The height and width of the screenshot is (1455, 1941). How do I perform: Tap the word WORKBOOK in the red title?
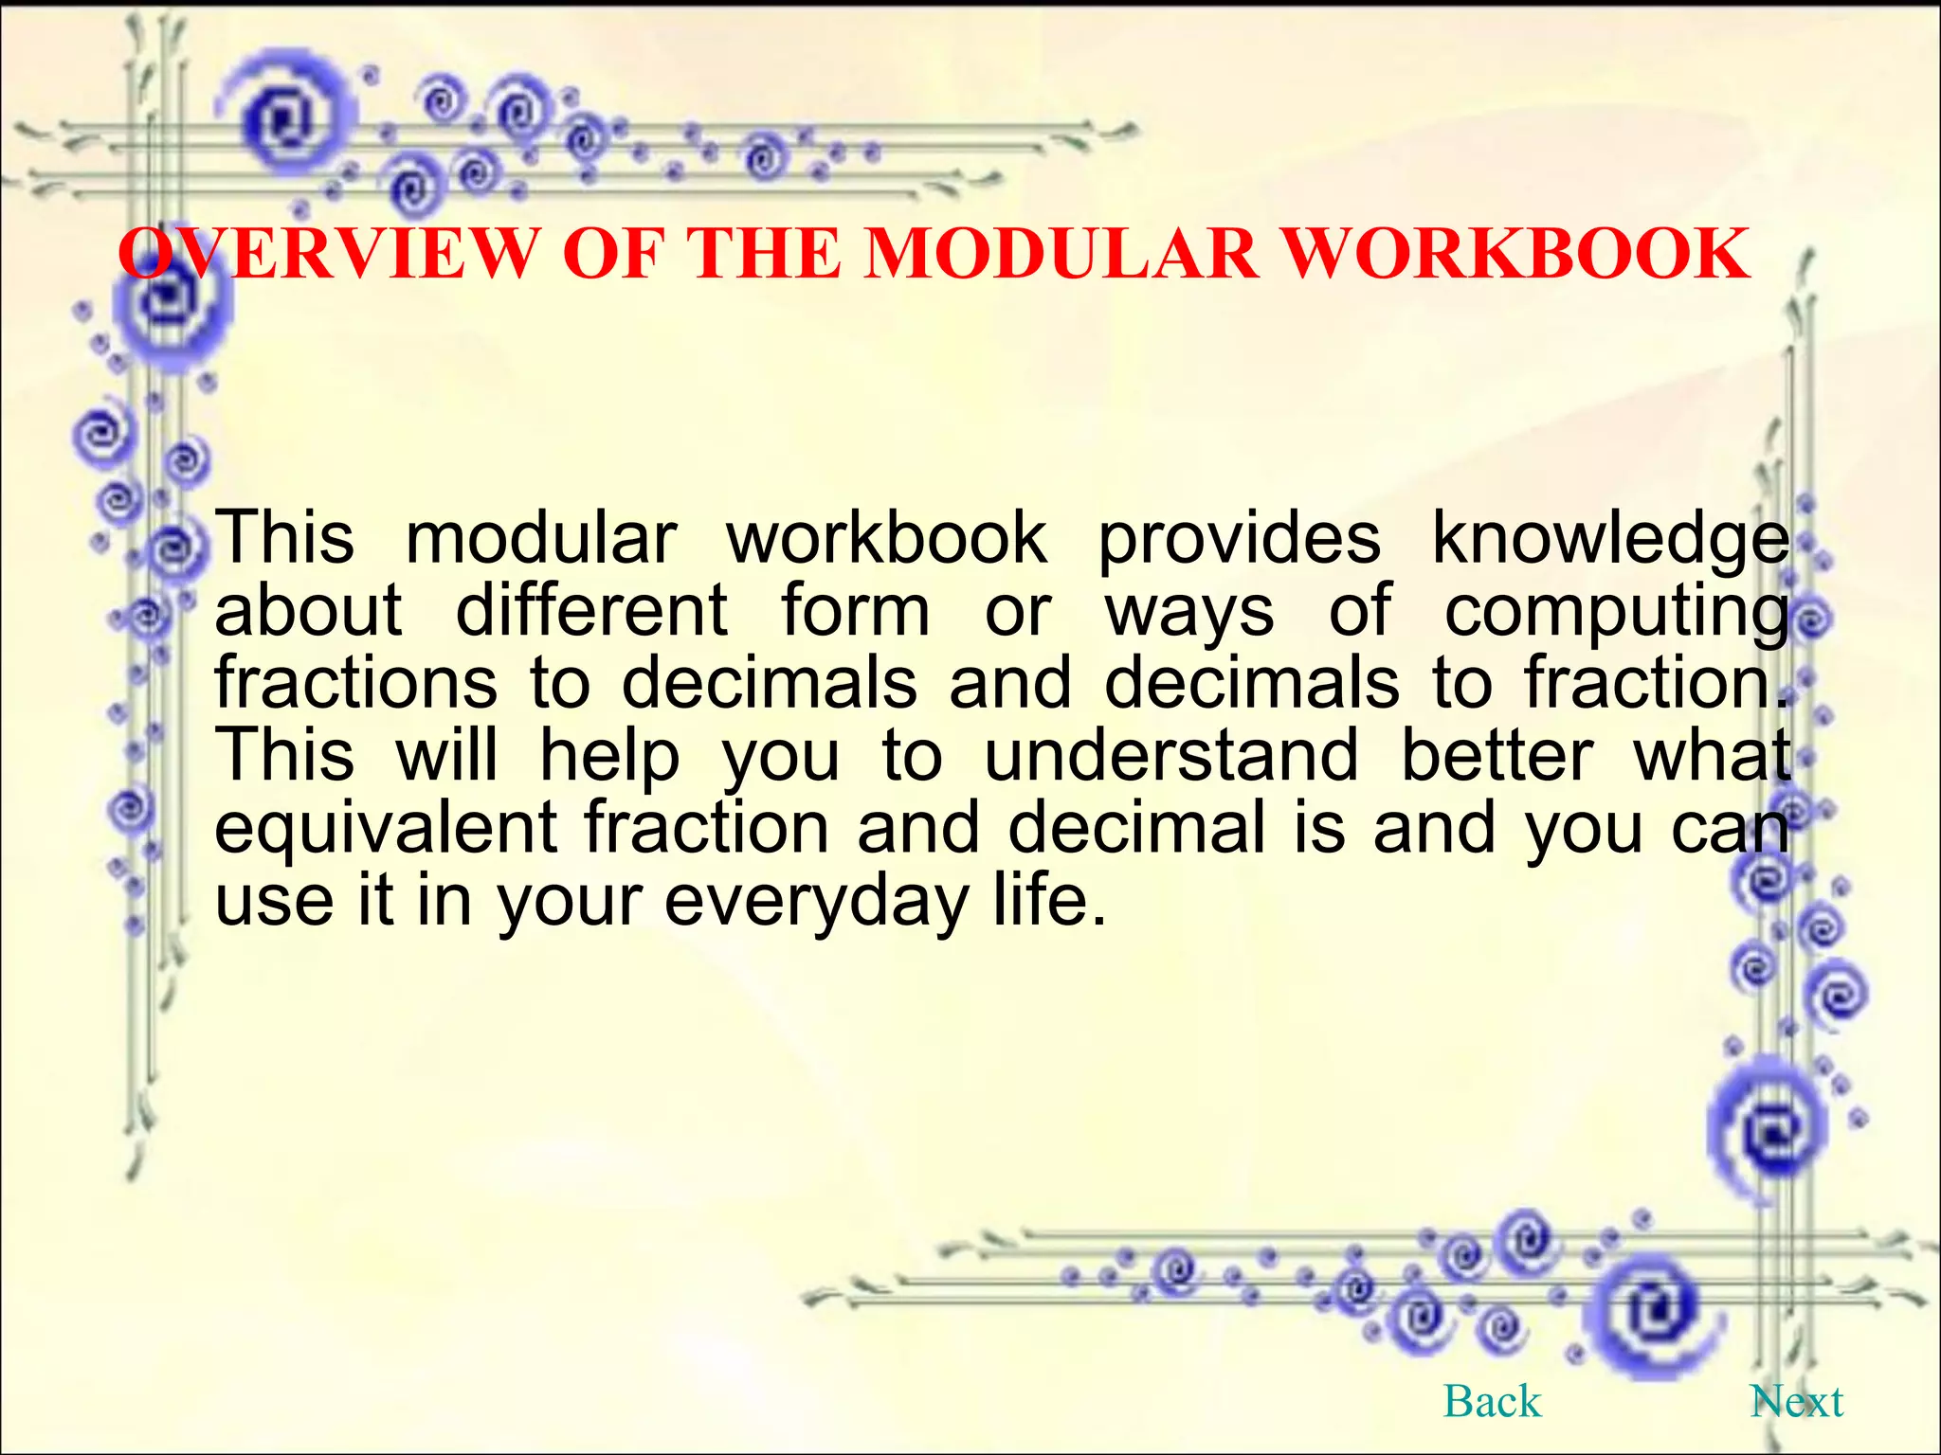click(1515, 253)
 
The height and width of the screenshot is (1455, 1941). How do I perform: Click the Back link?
click(1492, 1401)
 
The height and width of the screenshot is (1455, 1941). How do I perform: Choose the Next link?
click(1796, 1401)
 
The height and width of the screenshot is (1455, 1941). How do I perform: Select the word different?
click(591, 611)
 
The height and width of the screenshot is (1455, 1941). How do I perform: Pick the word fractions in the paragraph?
click(355, 682)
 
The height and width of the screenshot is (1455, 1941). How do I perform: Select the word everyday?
click(816, 902)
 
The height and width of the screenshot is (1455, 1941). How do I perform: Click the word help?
click(609, 757)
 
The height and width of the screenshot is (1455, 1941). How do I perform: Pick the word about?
click(309, 611)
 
